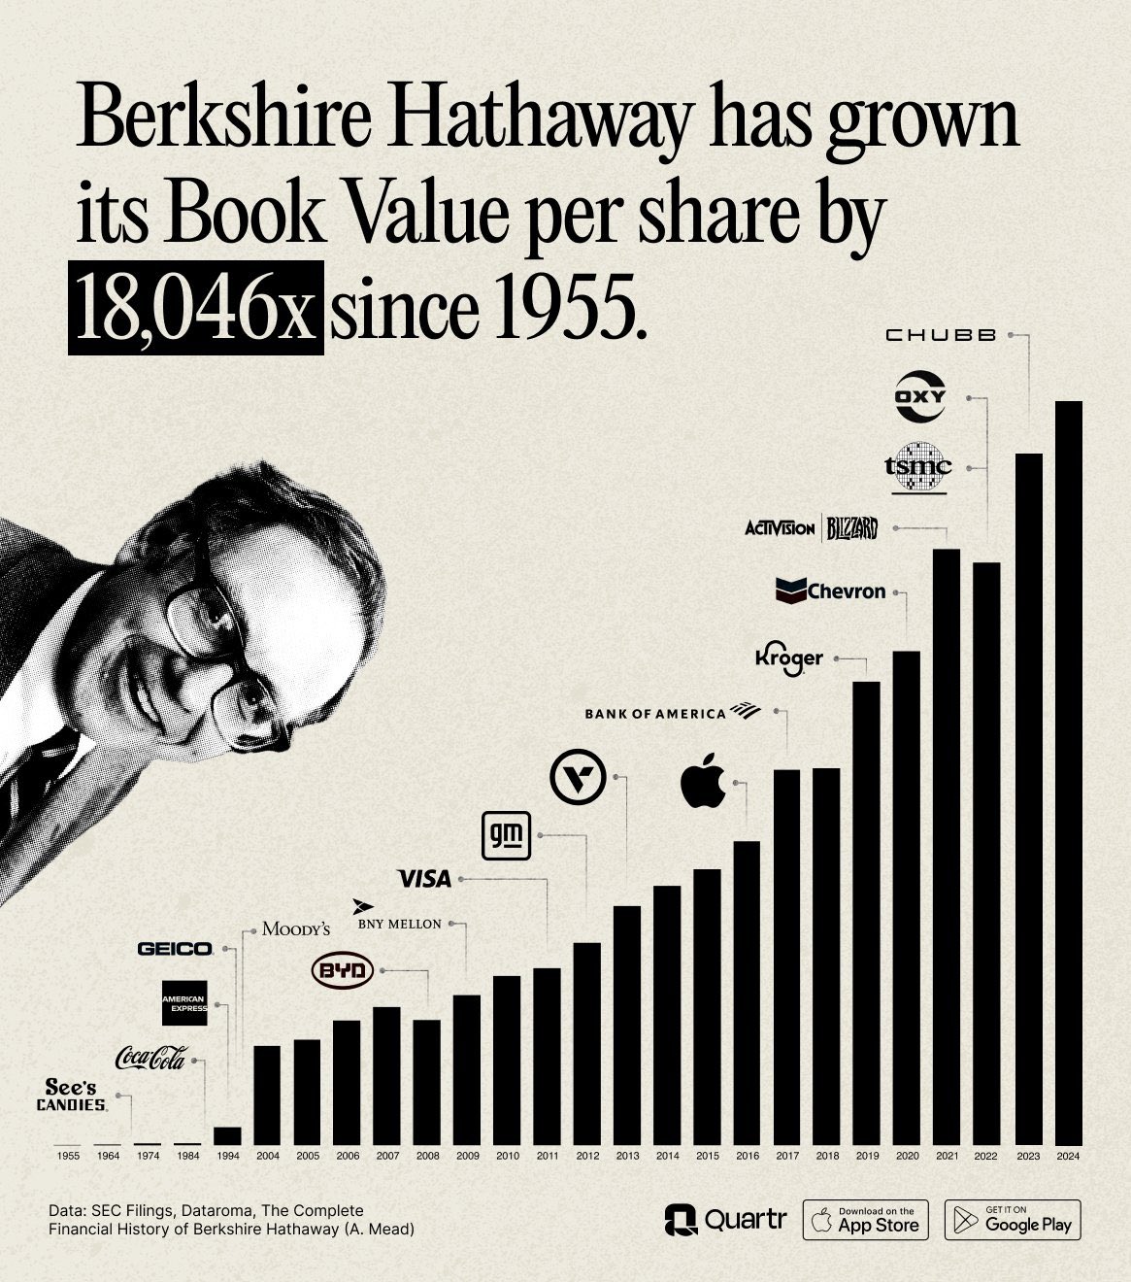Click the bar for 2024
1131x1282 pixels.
(x=1068, y=772)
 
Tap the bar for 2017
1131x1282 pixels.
(x=786, y=957)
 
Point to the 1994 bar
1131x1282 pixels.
(x=227, y=1135)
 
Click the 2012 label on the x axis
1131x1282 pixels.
(x=587, y=1156)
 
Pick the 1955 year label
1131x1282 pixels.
(x=68, y=1156)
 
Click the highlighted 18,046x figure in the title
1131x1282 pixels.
(x=195, y=308)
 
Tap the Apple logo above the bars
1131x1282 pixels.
(x=704, y=780)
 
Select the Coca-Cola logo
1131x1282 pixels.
(x=150, y=1058)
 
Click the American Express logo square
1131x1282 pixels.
(x=184, y=1003)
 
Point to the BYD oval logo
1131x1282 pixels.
(x=342, y=970)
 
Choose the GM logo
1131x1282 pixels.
(x=507, y=834)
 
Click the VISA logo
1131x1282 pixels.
(x=425, y=879)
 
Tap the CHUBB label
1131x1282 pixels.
(x=941, y=335)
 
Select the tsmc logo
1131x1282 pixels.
(x=918, y=466)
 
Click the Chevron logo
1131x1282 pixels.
(x=831, y=590)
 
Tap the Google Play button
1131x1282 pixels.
(x=1013, y=1220)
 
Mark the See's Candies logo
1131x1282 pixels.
(x=72, y=1095)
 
